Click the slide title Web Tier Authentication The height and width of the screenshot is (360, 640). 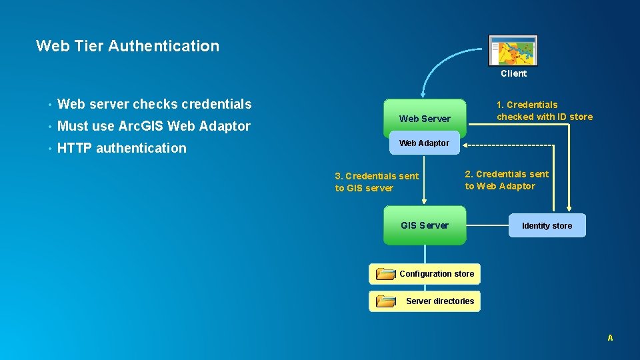(127, 46)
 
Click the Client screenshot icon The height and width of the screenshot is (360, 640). (513, 51)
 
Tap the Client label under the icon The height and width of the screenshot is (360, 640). (513, 73)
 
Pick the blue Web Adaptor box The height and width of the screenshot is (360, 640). (424, 143)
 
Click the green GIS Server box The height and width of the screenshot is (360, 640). (425, 225)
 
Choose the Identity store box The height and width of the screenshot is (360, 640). (547, 225)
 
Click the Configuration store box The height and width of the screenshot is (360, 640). (437, 273)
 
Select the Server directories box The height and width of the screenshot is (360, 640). (440, 301)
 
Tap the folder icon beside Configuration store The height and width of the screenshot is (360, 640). (385, 273)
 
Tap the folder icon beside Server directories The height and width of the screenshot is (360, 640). (385, 301)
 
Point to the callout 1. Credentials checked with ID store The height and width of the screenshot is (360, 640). (544, 111)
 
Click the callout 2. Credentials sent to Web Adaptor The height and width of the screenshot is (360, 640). (507, 180)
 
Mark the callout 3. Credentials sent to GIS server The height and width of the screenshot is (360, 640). (377, 182)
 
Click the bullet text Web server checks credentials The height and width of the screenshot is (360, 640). (155, 104)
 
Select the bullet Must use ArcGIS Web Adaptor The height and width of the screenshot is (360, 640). (154, 126)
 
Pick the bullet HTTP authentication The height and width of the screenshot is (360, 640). (122, 148)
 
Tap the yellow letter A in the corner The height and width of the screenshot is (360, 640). (610, 338)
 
